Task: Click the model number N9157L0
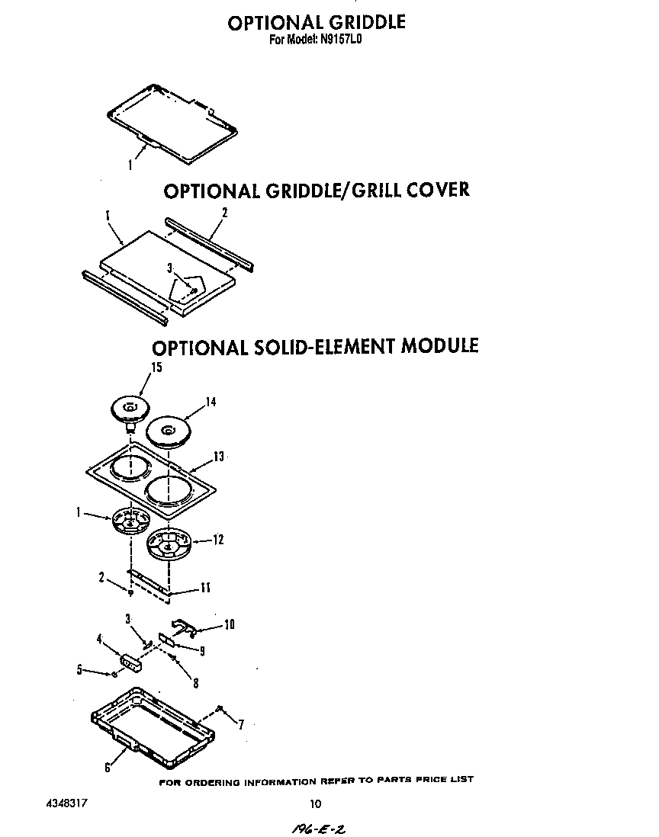336,43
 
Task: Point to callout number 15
156,367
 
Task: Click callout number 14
211,402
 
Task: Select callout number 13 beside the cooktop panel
219,457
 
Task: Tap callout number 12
218,540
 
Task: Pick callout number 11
205,588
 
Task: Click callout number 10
228,624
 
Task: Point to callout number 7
241,725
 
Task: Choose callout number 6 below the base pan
107,768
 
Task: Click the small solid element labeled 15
128,409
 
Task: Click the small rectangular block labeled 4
131,660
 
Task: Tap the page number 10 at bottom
316,803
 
